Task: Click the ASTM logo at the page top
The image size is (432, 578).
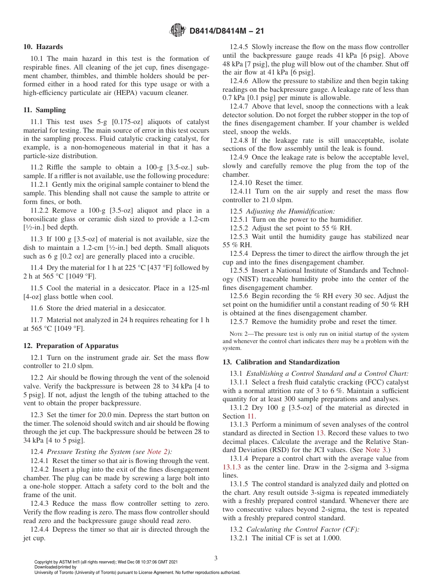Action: (x=177, y=31)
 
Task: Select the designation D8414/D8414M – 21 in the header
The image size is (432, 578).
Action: (x=226, y=31)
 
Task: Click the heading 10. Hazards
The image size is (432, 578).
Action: (x=43, y=47)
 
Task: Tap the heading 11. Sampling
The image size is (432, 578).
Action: (x=45, y=110)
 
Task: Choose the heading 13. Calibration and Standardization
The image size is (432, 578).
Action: (x=281, y=362)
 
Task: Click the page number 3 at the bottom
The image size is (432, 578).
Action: (x=216, y=558)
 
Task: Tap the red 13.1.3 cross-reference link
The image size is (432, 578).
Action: (x=233, y=467)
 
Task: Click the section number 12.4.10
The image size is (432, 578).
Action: (x=241, y=183)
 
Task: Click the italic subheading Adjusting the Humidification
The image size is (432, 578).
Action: (x=291, y=211)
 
